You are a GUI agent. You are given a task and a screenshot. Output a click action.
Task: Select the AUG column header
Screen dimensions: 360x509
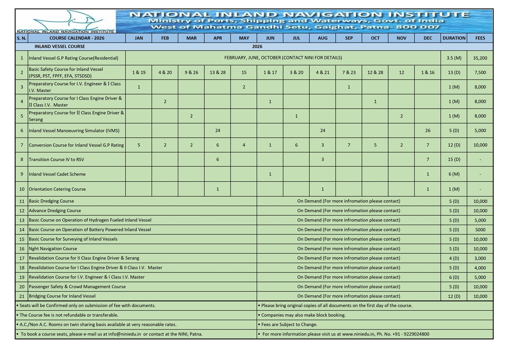tap(323, 38)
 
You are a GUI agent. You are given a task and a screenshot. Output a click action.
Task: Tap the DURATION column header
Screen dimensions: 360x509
tap(454, 38)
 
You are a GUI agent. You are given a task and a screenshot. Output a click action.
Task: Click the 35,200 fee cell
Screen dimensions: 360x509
tap(480, 58)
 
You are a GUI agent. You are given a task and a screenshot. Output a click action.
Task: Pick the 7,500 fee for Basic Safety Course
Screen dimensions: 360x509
tap(480, 73)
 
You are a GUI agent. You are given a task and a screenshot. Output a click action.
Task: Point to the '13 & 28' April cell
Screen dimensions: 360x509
tap(218, 73)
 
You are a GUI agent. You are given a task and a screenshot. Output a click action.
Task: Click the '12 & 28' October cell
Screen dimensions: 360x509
tap(375, 73)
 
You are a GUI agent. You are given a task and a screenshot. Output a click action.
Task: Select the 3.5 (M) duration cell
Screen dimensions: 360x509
tap(454, 58)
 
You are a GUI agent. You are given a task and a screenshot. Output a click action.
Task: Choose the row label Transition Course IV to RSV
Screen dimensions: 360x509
tap(56, 160)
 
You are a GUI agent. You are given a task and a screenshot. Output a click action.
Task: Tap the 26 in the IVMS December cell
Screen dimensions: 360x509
tap(428, 131)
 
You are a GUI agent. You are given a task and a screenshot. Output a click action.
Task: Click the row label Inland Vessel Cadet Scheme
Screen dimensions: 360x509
tap(57, 174)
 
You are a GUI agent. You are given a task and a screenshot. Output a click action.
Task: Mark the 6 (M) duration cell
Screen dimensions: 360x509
tap(454, 174)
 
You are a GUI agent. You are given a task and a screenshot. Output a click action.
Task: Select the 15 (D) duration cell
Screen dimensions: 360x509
tap(454, 160)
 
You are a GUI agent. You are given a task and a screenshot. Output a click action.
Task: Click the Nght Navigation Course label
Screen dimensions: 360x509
tap(53, 249)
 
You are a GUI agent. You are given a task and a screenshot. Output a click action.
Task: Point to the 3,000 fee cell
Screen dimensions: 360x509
tap(480, 258)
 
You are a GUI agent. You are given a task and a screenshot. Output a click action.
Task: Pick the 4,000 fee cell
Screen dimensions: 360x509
tap(480, 268)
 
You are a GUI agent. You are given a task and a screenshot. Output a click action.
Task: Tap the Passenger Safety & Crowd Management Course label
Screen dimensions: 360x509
tap(77, 287)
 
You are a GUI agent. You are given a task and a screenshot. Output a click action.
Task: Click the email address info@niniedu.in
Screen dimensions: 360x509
tap(124, 334)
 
